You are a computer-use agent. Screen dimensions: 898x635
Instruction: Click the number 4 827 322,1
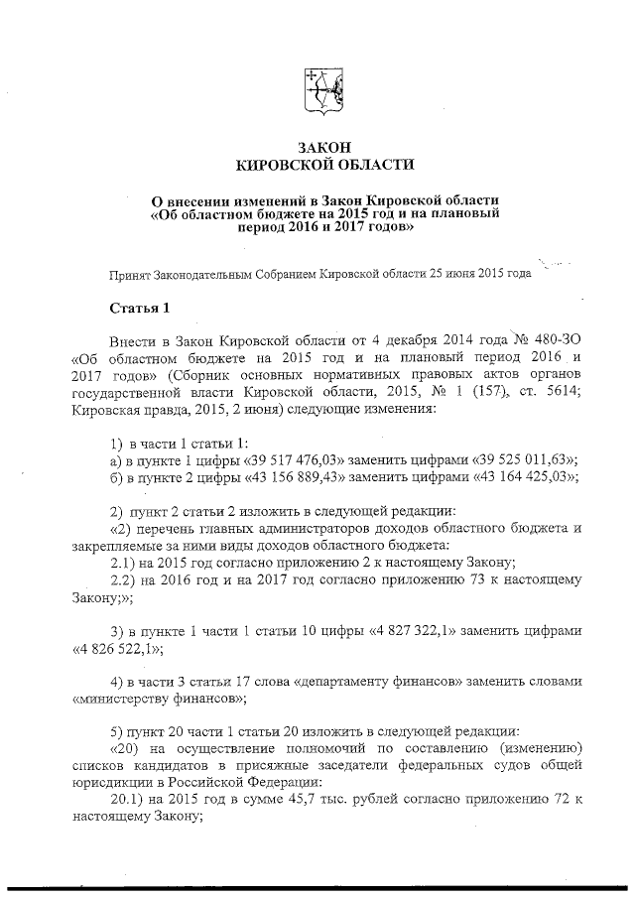pos(425,632)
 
